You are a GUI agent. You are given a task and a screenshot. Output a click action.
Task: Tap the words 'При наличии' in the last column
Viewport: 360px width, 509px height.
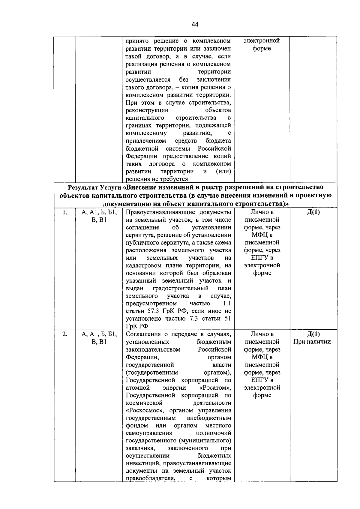coord(312,342)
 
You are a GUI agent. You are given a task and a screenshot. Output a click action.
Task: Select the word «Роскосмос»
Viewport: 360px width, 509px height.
coord(145,411)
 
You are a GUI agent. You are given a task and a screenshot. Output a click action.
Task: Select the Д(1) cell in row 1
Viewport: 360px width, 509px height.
coord(313,212)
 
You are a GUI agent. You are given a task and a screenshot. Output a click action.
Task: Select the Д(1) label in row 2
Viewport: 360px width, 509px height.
coord(313,334)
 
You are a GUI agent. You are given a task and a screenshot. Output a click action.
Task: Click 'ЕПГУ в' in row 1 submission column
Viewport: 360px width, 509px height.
coord(262,258)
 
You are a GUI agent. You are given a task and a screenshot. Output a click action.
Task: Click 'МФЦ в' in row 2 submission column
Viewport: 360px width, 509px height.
coord(262,357)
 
